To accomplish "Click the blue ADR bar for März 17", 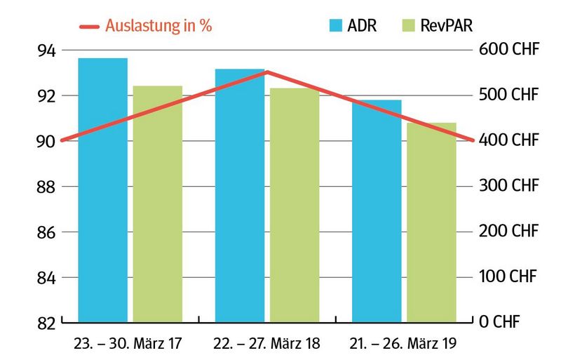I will (102, 189).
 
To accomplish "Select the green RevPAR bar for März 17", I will (157, 204).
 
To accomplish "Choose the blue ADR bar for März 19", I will (377, 211).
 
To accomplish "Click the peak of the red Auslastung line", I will (267, 72).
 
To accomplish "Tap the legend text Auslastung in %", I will (158, 26).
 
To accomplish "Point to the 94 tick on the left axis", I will (46, 51).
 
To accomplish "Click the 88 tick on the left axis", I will (46, 187).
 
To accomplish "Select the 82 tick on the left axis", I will (46, 323).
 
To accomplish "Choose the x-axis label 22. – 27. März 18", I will (267, 345).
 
